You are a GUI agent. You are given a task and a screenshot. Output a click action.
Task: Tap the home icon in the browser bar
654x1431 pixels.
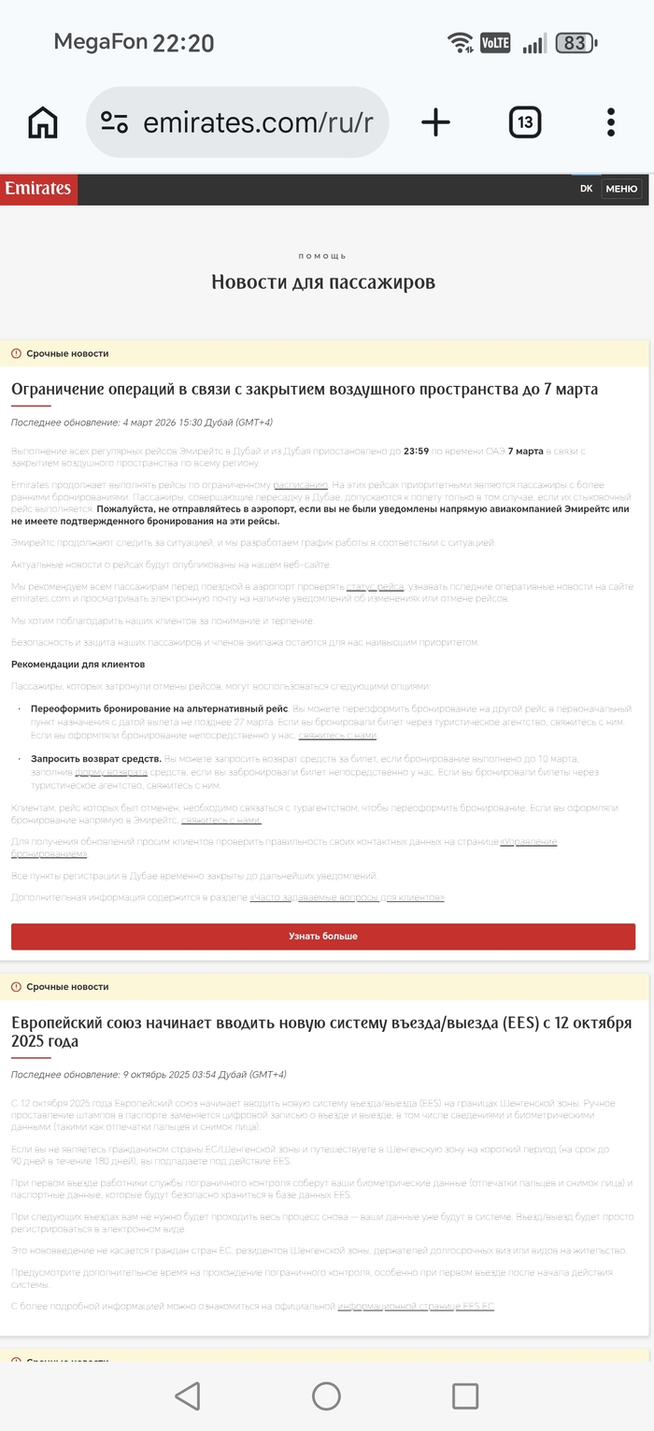(43, 122)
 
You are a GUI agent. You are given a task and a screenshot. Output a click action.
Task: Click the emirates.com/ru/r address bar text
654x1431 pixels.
(257, 122)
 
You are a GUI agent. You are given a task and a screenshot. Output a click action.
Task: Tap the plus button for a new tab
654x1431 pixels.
(435, 122)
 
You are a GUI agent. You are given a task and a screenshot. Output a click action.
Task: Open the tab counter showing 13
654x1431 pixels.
(525, 122)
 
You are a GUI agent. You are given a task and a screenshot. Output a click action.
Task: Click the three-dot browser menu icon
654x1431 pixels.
(611, 122)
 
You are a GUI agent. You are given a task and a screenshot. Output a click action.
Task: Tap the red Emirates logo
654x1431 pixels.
(38, 189)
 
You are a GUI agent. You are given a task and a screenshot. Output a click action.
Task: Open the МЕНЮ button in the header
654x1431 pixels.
(621, 189)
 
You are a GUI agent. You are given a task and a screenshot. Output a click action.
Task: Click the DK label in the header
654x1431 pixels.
(586, 189)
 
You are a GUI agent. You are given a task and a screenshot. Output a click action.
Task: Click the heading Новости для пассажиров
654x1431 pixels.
(323, 281)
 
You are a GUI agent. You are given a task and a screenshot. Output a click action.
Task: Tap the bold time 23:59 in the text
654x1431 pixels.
(416, 451)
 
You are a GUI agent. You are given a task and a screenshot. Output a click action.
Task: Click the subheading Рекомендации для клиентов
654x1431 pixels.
(78, 664)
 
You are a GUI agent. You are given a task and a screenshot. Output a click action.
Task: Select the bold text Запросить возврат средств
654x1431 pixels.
(96, 759)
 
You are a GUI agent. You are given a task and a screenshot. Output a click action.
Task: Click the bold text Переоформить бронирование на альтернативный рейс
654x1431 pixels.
(159, 708)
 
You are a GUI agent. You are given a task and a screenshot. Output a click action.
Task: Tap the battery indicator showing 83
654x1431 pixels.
(576, 43)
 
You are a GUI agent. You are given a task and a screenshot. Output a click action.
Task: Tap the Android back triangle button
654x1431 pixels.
(188, 1396)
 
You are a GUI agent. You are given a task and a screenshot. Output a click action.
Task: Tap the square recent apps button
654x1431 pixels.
(465, 1396)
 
